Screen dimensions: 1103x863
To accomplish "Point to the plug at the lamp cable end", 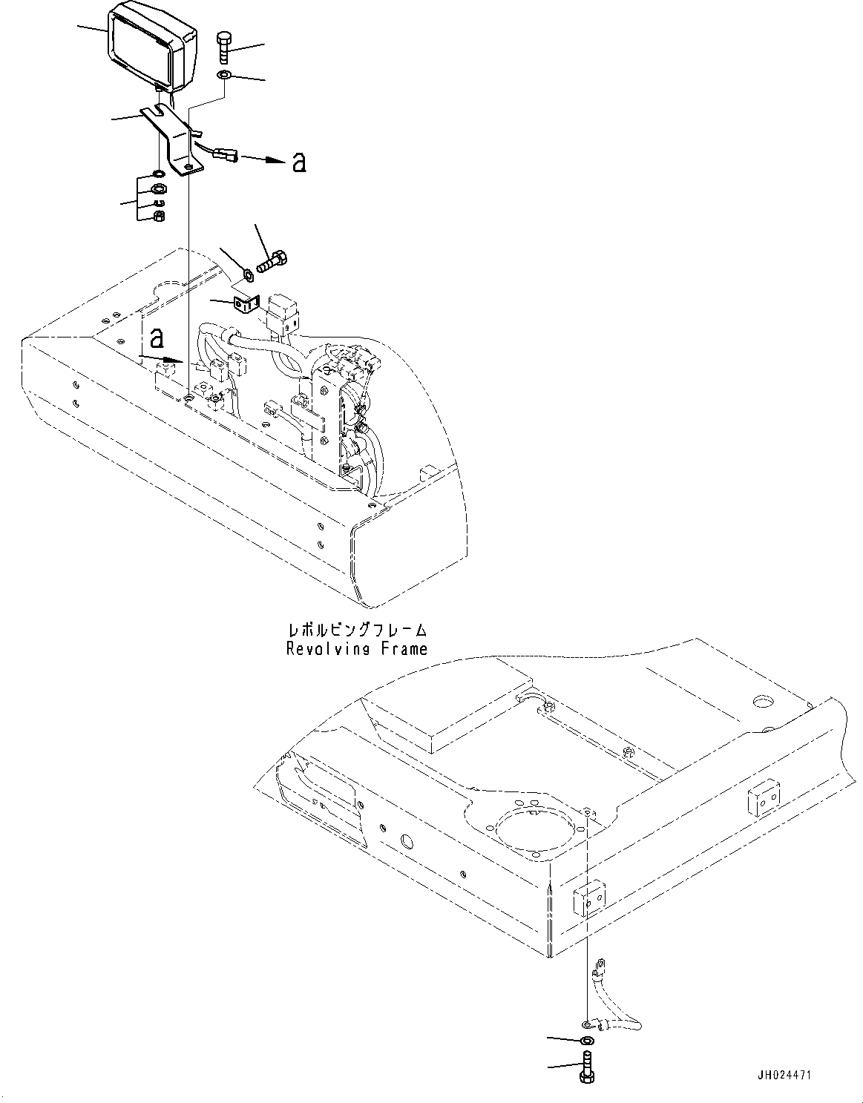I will click(x=226, y=156).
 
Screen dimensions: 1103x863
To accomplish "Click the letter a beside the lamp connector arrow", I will click(x=299, y=162).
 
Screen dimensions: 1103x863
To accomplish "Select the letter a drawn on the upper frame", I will click(x=156, y=338).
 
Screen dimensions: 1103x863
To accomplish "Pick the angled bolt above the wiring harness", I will click(x=274, y=262).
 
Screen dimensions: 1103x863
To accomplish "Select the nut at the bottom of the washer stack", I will click(x=158, y=217).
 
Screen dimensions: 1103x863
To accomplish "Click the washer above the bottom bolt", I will click(x=586, y=1041).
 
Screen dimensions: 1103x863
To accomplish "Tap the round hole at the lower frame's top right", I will click(x=764, y=700).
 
